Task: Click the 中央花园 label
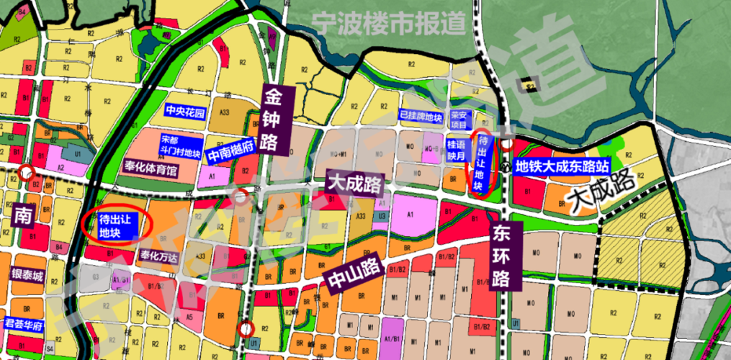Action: (x=185, y=112)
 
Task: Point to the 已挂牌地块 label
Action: (x=420, y=116)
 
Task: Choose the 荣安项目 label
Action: (x=459, y=119)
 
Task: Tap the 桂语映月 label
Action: (x=458, y=149)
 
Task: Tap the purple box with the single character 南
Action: (x=22, y=217)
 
